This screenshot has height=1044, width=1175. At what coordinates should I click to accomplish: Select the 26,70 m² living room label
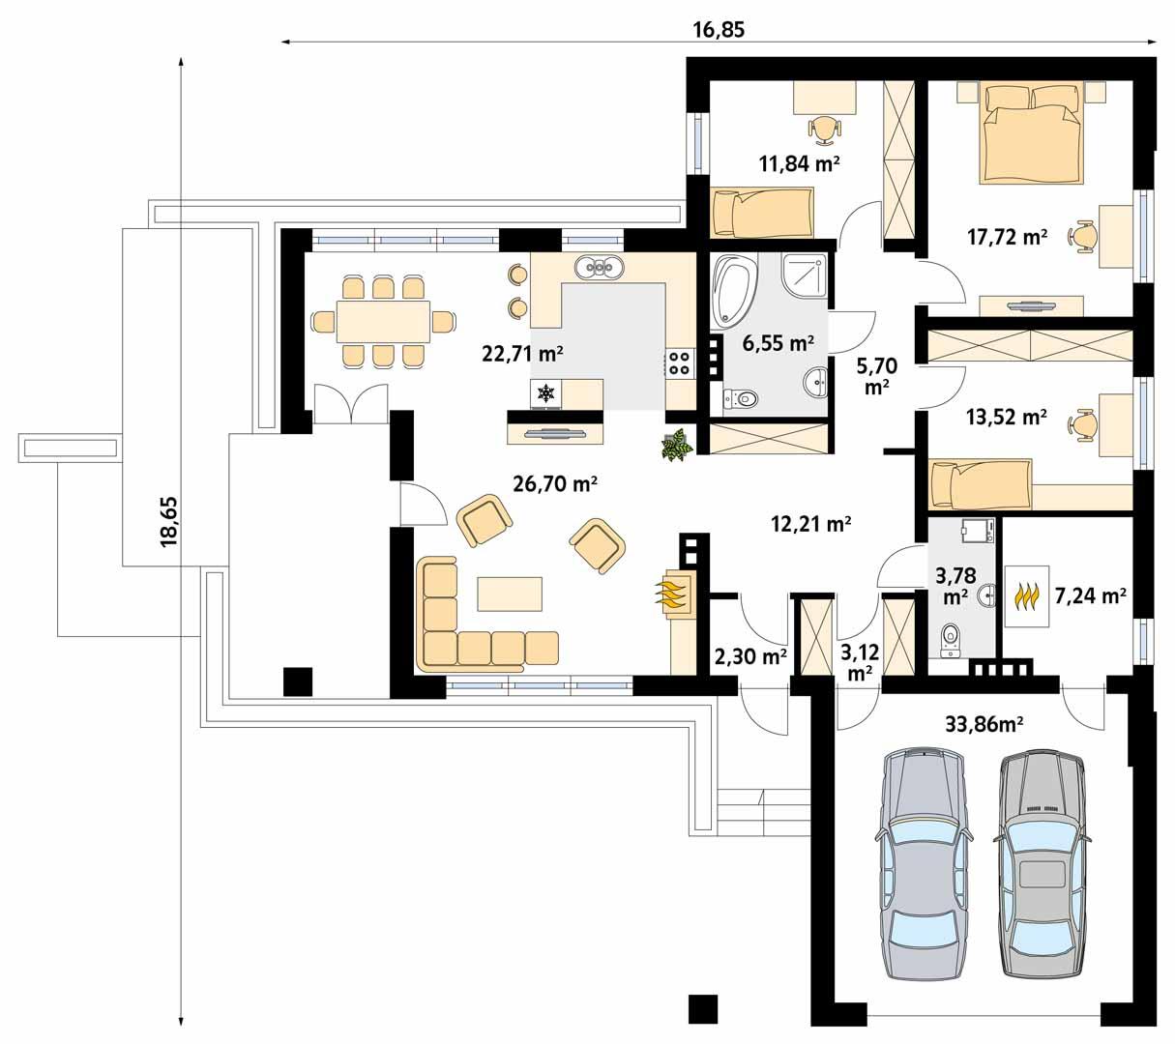click(x=554, y=484)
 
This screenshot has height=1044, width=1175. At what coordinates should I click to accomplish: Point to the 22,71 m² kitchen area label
click(x=522, y=353)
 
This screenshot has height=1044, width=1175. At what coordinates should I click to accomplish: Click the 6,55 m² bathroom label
click(x=778, y=342)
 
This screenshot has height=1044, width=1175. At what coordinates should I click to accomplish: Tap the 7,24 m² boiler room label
click(x=1090, y=595)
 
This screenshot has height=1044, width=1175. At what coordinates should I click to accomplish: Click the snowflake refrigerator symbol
click(x=546, y=393)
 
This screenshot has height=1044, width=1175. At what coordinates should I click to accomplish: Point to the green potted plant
click(x=676, y=446)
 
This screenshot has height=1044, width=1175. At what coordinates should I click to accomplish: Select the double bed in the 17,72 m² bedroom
click(x=1031, y=131)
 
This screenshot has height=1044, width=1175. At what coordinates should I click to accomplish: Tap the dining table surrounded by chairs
click(x=383, y=321)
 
